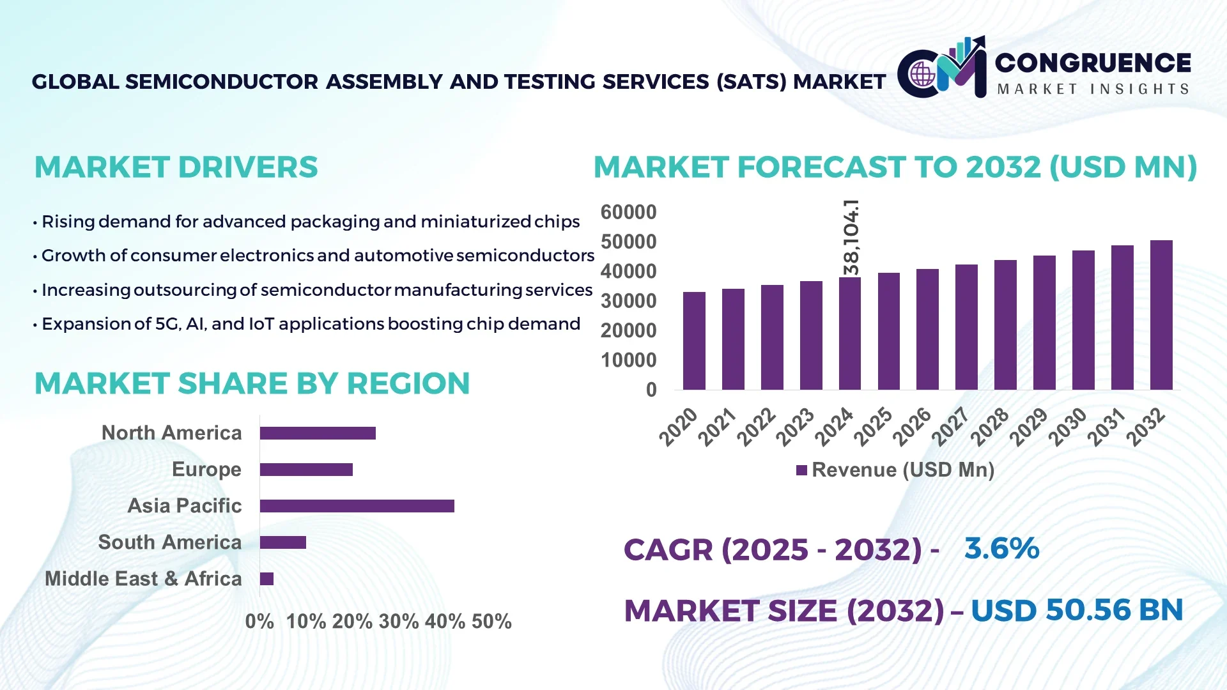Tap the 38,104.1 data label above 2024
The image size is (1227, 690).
point(851,237)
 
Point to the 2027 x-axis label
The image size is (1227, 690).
point(950,426)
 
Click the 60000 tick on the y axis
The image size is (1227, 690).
point(628,212)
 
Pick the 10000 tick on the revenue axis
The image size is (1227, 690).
point(628,360)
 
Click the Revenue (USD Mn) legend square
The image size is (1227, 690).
point(801,470)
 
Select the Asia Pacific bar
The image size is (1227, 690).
point(357,506)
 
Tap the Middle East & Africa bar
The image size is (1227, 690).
point(266,579)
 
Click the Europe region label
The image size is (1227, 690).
point(206,470)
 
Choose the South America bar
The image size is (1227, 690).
point(282,542)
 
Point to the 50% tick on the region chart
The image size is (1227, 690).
point(491,621)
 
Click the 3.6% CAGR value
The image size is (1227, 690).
point(1001,549)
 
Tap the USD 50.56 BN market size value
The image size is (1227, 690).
point(1077,610)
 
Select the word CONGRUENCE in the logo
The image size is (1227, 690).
point(1093,63)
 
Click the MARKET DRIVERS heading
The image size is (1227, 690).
point(176,167)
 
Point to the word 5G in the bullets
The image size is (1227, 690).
point(168,324)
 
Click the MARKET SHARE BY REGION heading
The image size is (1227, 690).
point(252,383)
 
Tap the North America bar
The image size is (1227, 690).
point(318,433)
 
